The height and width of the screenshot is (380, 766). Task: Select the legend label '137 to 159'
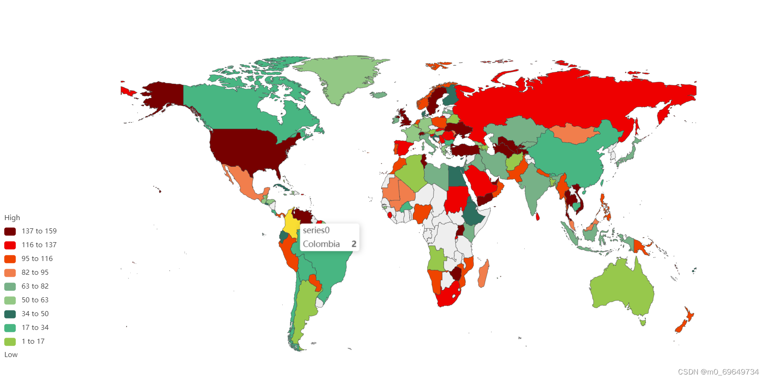(x=39, y=231)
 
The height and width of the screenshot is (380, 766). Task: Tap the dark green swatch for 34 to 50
(x=10, y=314)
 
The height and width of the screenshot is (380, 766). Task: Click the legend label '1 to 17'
(x=33, y=341)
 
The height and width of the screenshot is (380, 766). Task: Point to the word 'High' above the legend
(x=12, y=218)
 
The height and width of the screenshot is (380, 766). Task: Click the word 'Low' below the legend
(x=11, y=355)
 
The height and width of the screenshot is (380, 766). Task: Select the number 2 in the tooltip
(x=354, y=244)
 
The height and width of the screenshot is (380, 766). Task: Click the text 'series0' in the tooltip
(x=316, y=230)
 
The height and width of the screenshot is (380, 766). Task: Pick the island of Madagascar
(x=483, y=274)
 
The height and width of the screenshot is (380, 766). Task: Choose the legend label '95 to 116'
(x=37, y=259)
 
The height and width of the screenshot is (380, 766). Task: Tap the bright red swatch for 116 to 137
(x=10, y=245)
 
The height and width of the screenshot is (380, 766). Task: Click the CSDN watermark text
(x=718, y=372)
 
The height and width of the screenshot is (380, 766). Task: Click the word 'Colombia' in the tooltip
(x=321, y=244)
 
